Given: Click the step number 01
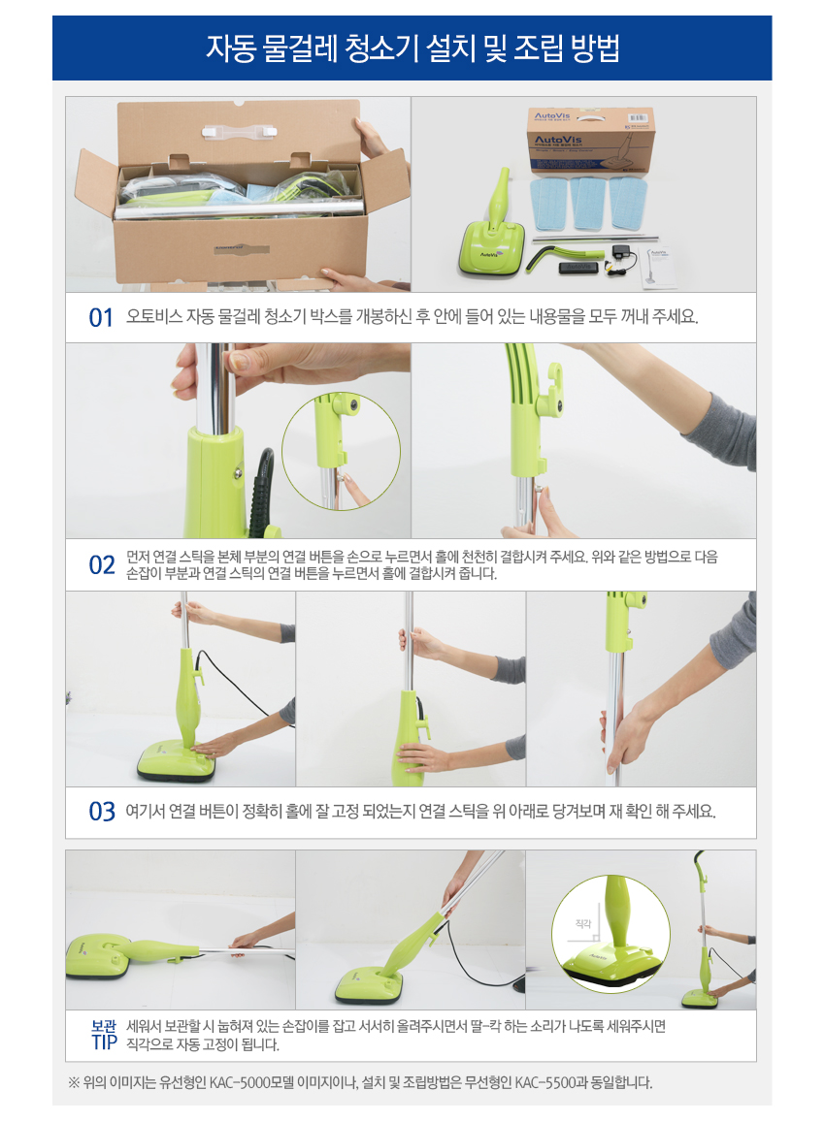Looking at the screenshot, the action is pos(101,317).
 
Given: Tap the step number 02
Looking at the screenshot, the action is pos(102,565).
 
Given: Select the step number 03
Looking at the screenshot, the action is pos(102,812).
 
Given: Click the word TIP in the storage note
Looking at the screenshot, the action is pos(105,1042).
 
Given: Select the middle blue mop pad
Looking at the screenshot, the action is pos(588,203).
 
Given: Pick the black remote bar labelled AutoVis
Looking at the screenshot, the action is pos(579,267).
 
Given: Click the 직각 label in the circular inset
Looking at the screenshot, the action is pos(583,924).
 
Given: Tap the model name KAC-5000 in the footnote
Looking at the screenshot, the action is pos(242,1082).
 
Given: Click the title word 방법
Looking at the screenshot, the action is pos(594,48).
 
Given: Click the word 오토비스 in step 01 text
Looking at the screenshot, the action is pos(154,316).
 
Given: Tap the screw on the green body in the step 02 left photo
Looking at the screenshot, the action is pos(236,473).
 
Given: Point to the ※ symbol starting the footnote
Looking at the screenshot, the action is pos(73,1082).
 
